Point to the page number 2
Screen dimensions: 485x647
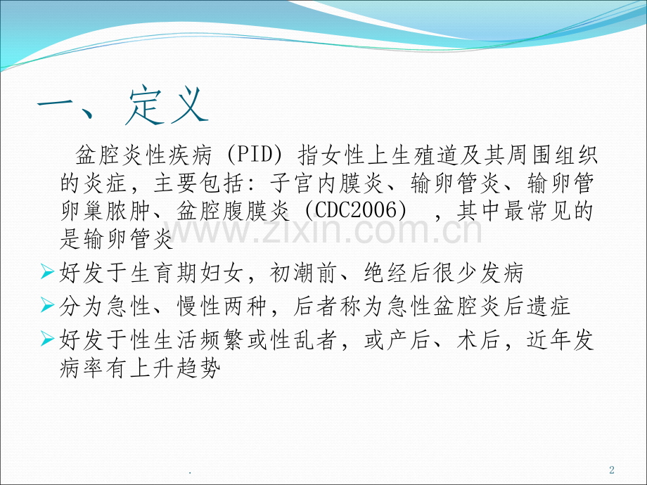click(611, 470)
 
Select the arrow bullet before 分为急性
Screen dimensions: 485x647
click(48, 306)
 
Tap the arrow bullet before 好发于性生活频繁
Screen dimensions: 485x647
click(48, 341)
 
